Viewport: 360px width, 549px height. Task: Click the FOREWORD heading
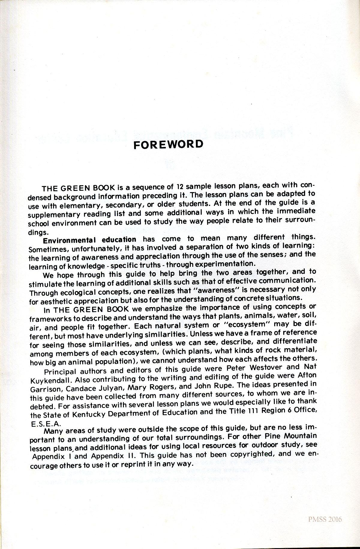(x=168, y=145)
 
